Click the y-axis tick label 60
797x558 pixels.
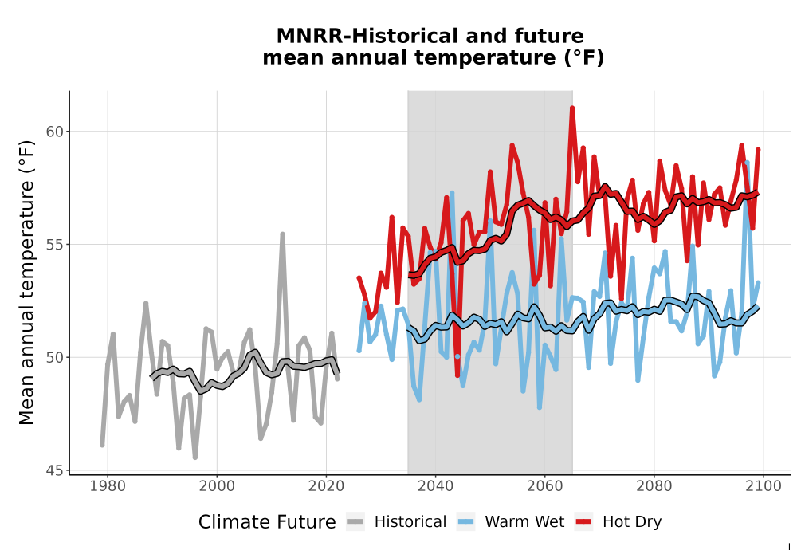(55, 131)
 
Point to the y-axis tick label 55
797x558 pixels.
(55, 245)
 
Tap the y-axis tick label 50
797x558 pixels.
(55, 357)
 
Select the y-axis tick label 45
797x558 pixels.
(55, 470)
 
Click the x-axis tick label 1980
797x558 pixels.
(108, 486)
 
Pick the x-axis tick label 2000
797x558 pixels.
(217, 486)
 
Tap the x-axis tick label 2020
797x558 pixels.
(326, 486)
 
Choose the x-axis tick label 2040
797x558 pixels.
(436, 486)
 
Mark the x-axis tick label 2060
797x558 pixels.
(545, 486)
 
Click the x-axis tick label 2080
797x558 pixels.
(654, 486)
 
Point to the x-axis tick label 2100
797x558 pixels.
(764, 486)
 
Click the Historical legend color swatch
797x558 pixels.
(355, 522)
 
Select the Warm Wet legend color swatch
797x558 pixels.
(465, 522)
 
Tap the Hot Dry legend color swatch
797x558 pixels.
(583, 522)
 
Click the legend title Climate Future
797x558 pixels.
(267, 522)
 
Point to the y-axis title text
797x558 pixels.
(26, 282)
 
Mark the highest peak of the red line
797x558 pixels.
(571, 108)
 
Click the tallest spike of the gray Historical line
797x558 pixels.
(282, 234)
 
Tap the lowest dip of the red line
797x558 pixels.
(457, 375)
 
